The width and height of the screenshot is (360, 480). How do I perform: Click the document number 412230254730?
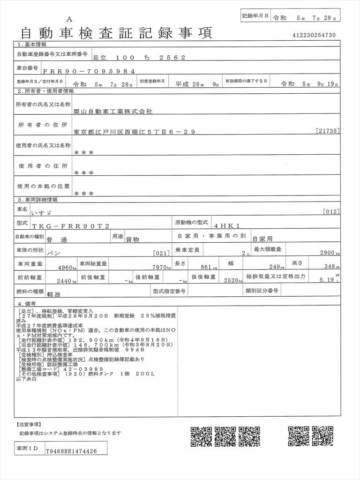(314, 35)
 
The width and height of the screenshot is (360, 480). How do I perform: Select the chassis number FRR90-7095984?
(89, 71)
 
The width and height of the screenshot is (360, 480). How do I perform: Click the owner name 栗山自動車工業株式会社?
(113, 112)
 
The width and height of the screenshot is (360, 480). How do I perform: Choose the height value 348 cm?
(330, 267)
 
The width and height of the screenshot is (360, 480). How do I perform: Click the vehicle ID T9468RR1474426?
(71, 451)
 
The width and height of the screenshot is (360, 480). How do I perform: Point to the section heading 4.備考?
(27, 304)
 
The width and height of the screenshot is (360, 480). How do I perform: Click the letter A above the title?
(69, 19)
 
